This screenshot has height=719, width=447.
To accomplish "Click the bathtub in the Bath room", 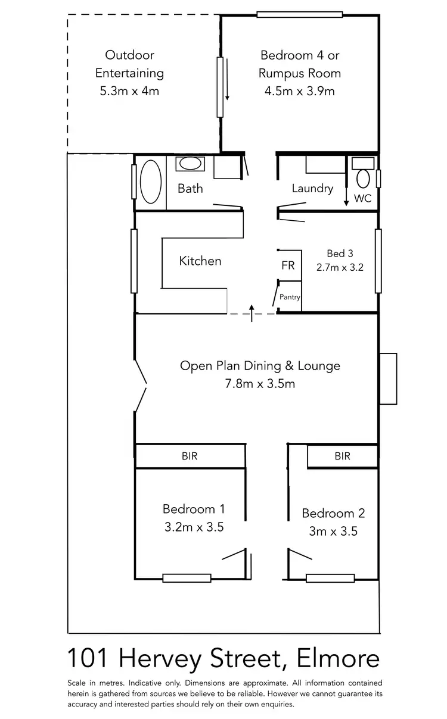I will click(x=150, y=181).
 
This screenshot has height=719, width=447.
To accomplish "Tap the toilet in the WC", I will click(x=362, y=177).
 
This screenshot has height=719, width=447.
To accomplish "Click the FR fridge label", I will click(x=288, y=265).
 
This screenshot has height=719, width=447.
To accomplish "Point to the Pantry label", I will click(x=290, y=297).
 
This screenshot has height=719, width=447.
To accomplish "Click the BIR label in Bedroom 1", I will click(x=190, y=457).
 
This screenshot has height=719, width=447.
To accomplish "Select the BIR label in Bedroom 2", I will click(x=342, y=457).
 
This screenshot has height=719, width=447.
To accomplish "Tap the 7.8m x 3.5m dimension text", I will click(x=260, y=384).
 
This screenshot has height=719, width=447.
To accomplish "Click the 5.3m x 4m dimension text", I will click(x=130, y=91).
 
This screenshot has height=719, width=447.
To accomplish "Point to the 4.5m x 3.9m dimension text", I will click(x=300, y=91).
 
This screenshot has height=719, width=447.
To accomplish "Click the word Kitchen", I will click(x=200, y=261).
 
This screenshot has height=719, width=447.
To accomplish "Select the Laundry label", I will click(x=312, y=189).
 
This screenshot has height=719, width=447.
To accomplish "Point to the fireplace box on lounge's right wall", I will click(x=388, y=379).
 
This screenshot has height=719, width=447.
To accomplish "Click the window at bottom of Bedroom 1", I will click(x=187, y=577).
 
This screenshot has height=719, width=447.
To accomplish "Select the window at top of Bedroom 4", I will click(x=300, y=14).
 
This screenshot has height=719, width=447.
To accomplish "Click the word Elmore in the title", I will click(x=337, y=659).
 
